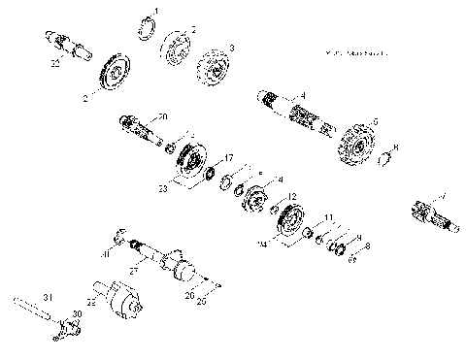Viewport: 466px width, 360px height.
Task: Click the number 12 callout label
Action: pyautogui.click(x=292, y=197)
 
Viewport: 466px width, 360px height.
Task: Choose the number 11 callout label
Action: pyautogui.click(x=330, y=217)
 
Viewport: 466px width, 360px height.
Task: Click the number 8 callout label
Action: pyautogui.click(x=365, y=247)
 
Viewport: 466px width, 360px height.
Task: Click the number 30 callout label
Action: pyautogui.click(x=77, y=312)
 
